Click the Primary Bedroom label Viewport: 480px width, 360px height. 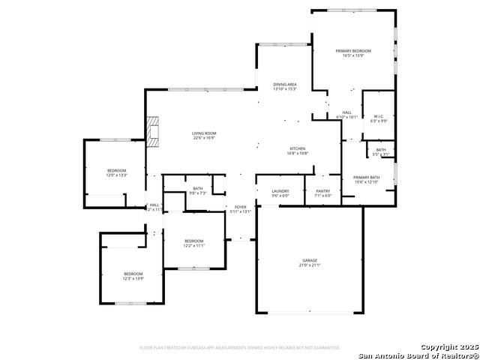(x=352, y=50)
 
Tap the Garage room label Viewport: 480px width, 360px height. (x=310, y=260)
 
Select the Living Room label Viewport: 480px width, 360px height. (x=204, y=133)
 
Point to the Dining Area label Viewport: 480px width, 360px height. (x=285, y=85)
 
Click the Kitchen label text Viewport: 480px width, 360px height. (x=298, y=148)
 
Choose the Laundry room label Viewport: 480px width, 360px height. (x=280, y=191)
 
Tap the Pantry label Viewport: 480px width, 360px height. (x=323, y=191)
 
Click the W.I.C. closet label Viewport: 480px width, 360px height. (x=379, y=116)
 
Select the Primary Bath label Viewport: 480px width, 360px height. (x=367, y=177)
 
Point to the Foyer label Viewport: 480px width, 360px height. (x=240, y=207)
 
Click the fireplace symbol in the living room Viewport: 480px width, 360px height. (x=154, y=130)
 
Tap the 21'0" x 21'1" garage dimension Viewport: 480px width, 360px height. (x=310, y=265)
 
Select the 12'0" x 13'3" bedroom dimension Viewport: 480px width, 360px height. (x=117, y=175)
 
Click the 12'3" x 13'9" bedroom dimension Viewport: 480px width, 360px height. (x=133, y=278)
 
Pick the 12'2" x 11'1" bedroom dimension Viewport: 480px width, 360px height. (x=194, y=245)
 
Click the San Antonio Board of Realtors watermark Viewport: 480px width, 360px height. (x=417, y=355)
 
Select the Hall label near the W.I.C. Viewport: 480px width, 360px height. (x=346, y=112)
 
